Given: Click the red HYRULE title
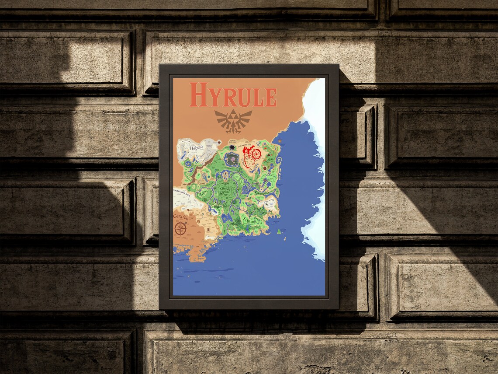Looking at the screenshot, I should coord(233,95).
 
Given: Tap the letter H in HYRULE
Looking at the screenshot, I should coord(198,95).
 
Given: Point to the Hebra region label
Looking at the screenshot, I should coord(197,148).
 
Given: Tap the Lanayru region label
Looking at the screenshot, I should coord(263,192).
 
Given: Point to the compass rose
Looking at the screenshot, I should coord(180,228).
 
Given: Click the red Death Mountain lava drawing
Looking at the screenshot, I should coord(252,156).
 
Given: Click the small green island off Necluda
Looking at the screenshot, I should coord(278,231).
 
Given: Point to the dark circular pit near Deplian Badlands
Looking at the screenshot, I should coord(232,147).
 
